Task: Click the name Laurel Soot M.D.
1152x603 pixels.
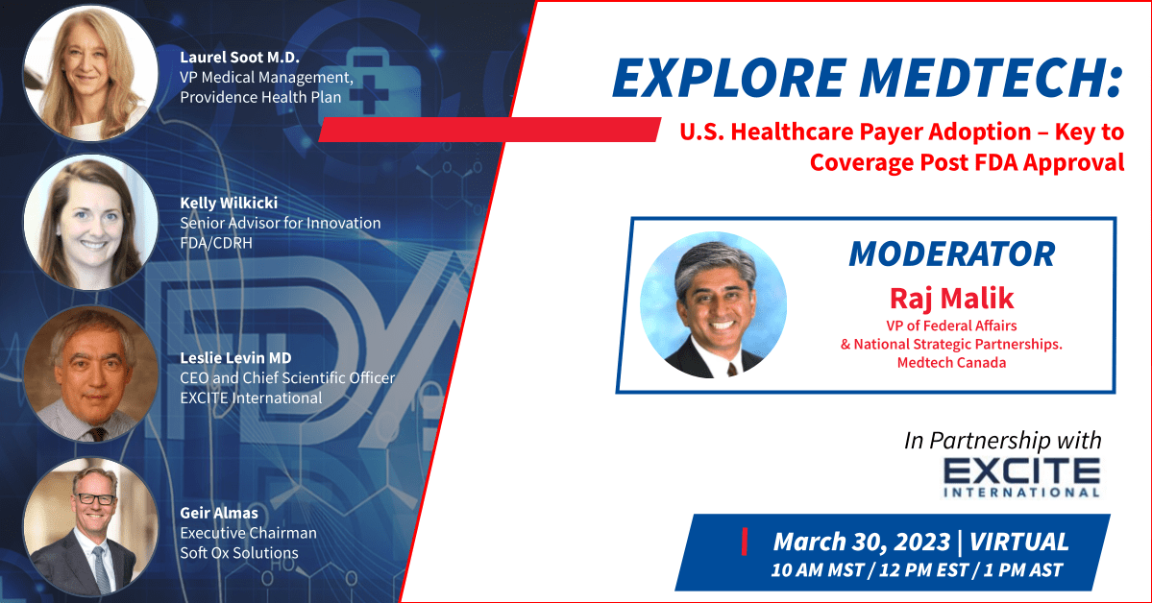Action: [239, 58]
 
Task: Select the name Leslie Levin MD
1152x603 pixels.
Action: [235, 358]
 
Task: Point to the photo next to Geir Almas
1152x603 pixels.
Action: [91, 526]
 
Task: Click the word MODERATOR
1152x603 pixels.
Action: [951, 254]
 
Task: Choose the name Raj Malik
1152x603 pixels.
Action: [951, 298]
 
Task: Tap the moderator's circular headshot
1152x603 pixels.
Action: [713, 304]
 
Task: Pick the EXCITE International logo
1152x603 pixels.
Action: [1021, 477]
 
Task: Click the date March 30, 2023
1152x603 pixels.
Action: [862, 543]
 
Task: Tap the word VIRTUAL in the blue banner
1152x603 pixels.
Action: [1019, 543]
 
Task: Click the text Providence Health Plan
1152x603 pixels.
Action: [260, 97]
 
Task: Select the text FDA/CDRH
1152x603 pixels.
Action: [216, 242]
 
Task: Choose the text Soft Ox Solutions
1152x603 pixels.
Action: [239, 552]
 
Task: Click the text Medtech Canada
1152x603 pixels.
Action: [951, 362]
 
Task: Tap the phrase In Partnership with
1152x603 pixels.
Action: [1003, 440]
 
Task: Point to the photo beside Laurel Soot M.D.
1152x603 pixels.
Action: [91, 73]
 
